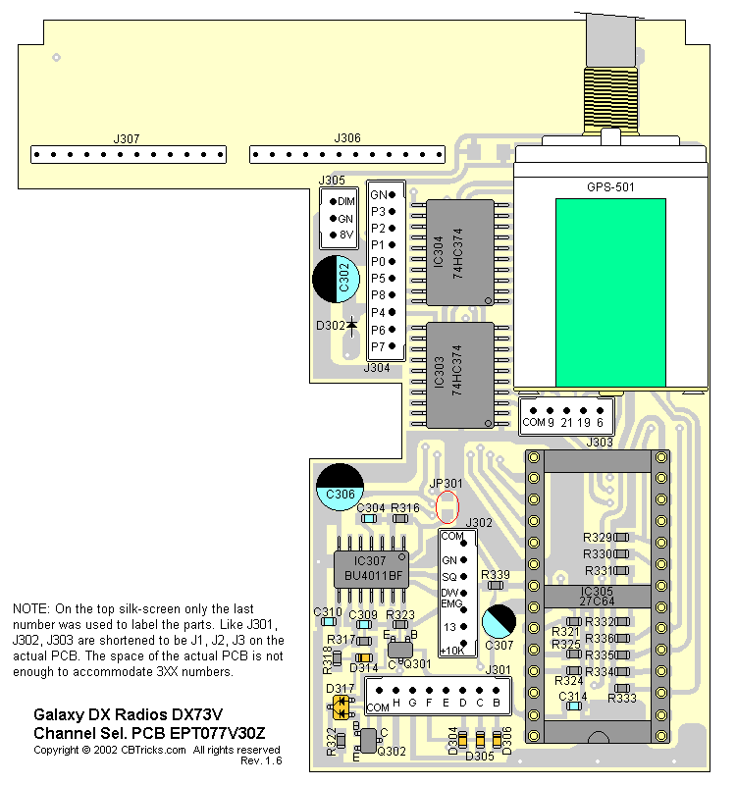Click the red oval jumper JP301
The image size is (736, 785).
pyautogui.click(x=447, y=506)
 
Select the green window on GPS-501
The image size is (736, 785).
pyautogui.click(x=610, y=292)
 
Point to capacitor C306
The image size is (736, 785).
pyautogui.click(x=340, y=487)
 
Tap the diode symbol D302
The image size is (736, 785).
pyautogui.click(x=350, y=324)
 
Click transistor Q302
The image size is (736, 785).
pyautogui.click(x=368, y=741)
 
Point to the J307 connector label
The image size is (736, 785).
pyautogui.click(x=127, y=138)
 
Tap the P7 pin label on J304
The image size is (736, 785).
pyautogui.click(x=378, y=346)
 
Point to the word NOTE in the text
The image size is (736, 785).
pyautogui.click(x=30, y=608)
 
